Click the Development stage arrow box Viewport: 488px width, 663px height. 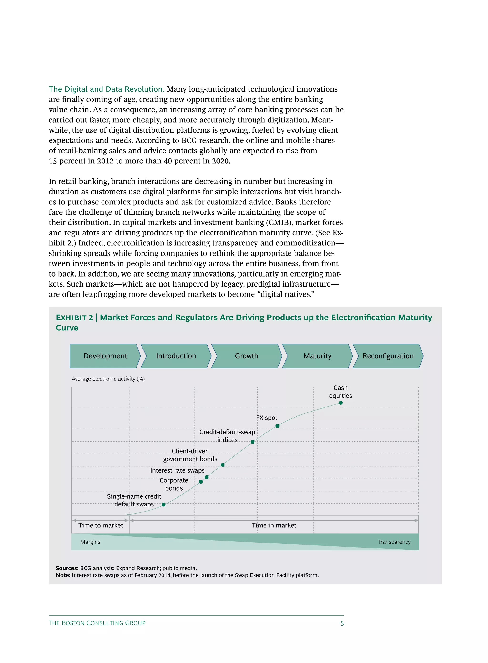pos(105,356)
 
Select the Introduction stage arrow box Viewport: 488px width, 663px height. pos(176,356)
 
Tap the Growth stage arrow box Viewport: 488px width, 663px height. pos(246,356)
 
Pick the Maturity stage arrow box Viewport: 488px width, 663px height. pos(317,356)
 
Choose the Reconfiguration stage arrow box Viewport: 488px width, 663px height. pos(388,356)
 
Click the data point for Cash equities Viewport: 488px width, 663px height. pos(341,403)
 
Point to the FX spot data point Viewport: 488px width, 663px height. pos(277,426)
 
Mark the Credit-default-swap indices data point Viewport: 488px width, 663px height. pos(252,442)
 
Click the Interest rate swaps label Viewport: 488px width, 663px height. pos(177,470)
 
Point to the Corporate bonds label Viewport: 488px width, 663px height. pos(174,484)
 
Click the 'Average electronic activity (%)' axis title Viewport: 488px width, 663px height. pos(108,379)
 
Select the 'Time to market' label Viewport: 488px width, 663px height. pos(101,525)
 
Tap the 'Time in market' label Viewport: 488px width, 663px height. pos(274,525)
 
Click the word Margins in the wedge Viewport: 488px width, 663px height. pos(90,542)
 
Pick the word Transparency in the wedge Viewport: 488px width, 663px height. pos(394,542)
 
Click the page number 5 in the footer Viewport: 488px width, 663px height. pos(342,623)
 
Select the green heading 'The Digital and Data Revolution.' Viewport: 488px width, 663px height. pos(106,89)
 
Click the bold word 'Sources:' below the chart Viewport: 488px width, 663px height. pos(67,568)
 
